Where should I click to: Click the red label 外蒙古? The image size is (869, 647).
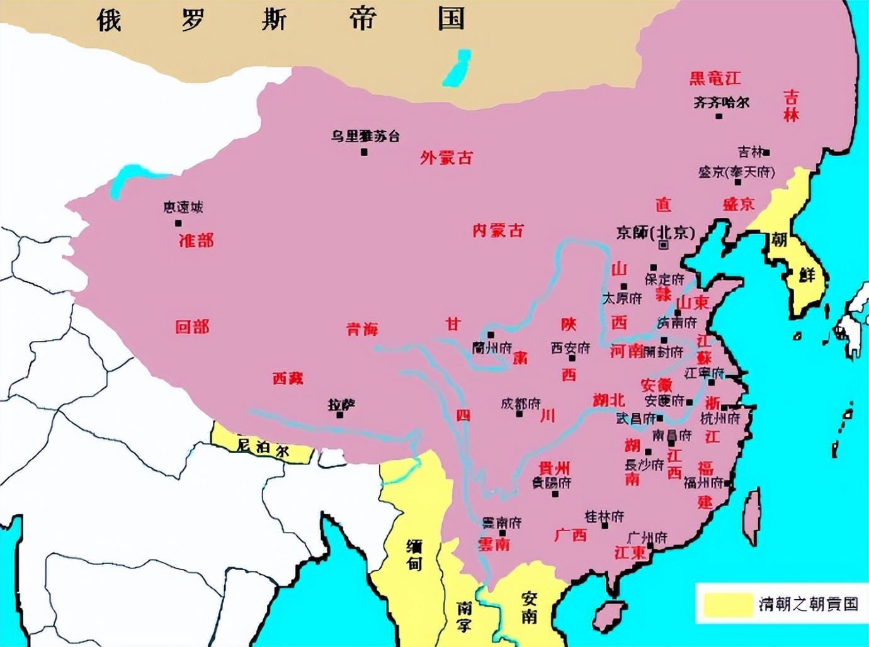click(446, 158)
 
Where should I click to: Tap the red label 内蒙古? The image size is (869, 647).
click(498, 231)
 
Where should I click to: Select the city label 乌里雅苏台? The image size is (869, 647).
click(365, 136)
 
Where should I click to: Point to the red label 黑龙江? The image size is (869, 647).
click(715, 79)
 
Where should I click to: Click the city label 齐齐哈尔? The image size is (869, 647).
click(722, 102)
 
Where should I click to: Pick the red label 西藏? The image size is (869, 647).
click(288, 378)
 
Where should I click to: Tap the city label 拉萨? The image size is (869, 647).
click(341, 405)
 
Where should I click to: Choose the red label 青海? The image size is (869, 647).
click(362, 329)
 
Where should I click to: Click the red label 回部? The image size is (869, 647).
click(192, 327)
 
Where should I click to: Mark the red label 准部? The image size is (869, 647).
click(196, 240)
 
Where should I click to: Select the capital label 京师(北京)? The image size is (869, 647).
click(656, 233)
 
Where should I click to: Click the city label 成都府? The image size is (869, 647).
click(521, 403)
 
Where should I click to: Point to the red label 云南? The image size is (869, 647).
click(494, 544)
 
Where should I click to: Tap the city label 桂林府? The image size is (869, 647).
click(604, 516)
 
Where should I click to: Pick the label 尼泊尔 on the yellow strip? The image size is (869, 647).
click(263, 447)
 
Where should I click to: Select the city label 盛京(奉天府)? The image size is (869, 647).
click(737, 172)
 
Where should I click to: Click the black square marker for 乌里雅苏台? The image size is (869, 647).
click(364, 152)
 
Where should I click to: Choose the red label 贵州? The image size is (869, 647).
click(554, 468)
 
